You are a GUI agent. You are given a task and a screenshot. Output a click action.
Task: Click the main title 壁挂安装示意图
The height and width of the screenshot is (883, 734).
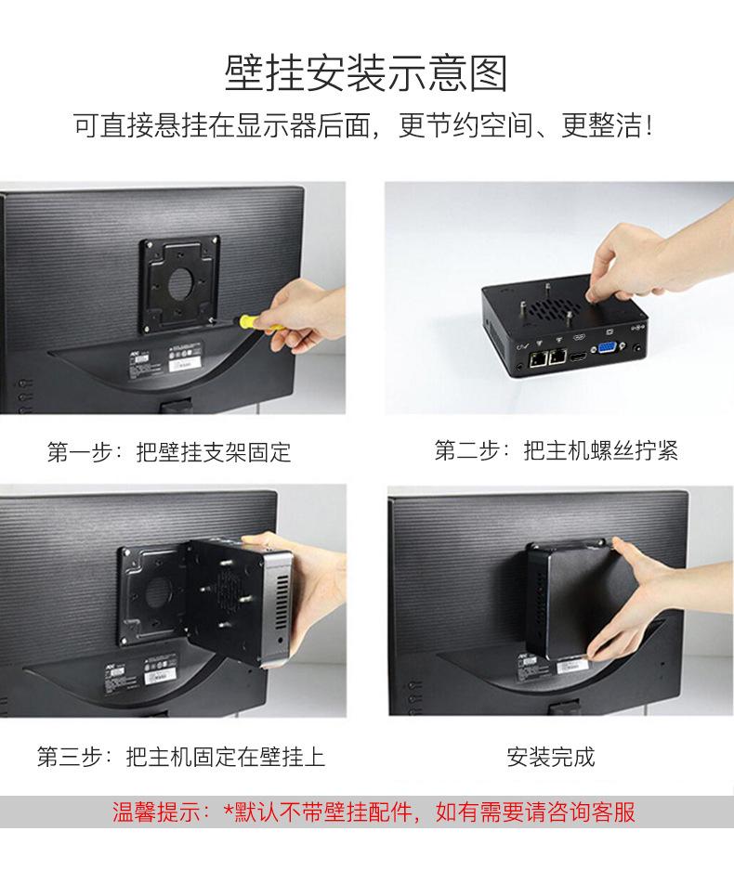coord(366,73)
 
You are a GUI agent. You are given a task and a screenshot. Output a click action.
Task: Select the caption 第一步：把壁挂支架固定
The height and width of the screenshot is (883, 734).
coord(169,452)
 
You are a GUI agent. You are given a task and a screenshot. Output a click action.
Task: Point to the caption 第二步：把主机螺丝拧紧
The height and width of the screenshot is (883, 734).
coord(556,450)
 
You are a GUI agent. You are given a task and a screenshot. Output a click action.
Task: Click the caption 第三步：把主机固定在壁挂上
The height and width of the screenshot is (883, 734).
coord(181,757)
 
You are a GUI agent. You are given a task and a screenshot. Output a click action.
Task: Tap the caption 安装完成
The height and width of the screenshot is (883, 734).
coord(550,757)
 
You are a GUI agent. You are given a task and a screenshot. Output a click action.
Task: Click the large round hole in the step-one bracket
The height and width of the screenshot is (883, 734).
coord(182,283)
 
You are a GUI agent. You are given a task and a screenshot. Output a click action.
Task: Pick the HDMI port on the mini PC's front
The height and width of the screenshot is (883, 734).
coord(576,357)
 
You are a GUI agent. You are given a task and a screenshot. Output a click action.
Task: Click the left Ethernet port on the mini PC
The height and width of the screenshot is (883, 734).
coord(537,357)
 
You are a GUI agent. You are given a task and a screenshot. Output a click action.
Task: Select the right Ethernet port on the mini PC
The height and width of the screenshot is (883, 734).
coord(558,356)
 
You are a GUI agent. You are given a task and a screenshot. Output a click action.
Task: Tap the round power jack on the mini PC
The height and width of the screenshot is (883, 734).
coord(637,349)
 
